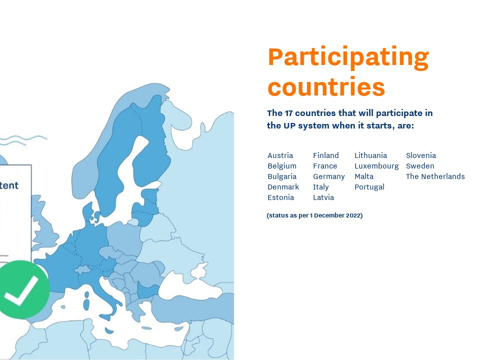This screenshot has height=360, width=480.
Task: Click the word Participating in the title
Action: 348,58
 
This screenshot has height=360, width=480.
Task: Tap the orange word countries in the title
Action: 326,86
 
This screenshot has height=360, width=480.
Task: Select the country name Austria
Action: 280,155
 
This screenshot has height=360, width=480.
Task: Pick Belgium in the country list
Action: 282,166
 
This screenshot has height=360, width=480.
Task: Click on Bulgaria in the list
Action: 282,176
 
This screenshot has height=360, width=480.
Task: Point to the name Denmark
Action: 283,187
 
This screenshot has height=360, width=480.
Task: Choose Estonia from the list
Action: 280,197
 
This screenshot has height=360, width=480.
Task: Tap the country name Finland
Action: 325,155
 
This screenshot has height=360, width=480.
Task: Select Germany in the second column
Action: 328,176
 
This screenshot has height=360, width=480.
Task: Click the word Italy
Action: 320,187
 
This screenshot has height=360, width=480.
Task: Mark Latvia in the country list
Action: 323,197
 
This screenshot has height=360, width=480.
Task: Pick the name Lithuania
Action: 370,155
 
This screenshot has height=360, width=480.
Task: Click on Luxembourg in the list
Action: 376,166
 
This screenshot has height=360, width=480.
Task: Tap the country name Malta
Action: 363,176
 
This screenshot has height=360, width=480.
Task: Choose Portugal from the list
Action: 369,187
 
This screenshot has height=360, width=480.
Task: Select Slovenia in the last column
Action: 420,155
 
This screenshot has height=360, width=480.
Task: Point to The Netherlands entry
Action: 435,176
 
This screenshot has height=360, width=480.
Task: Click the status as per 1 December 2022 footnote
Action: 314,215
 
